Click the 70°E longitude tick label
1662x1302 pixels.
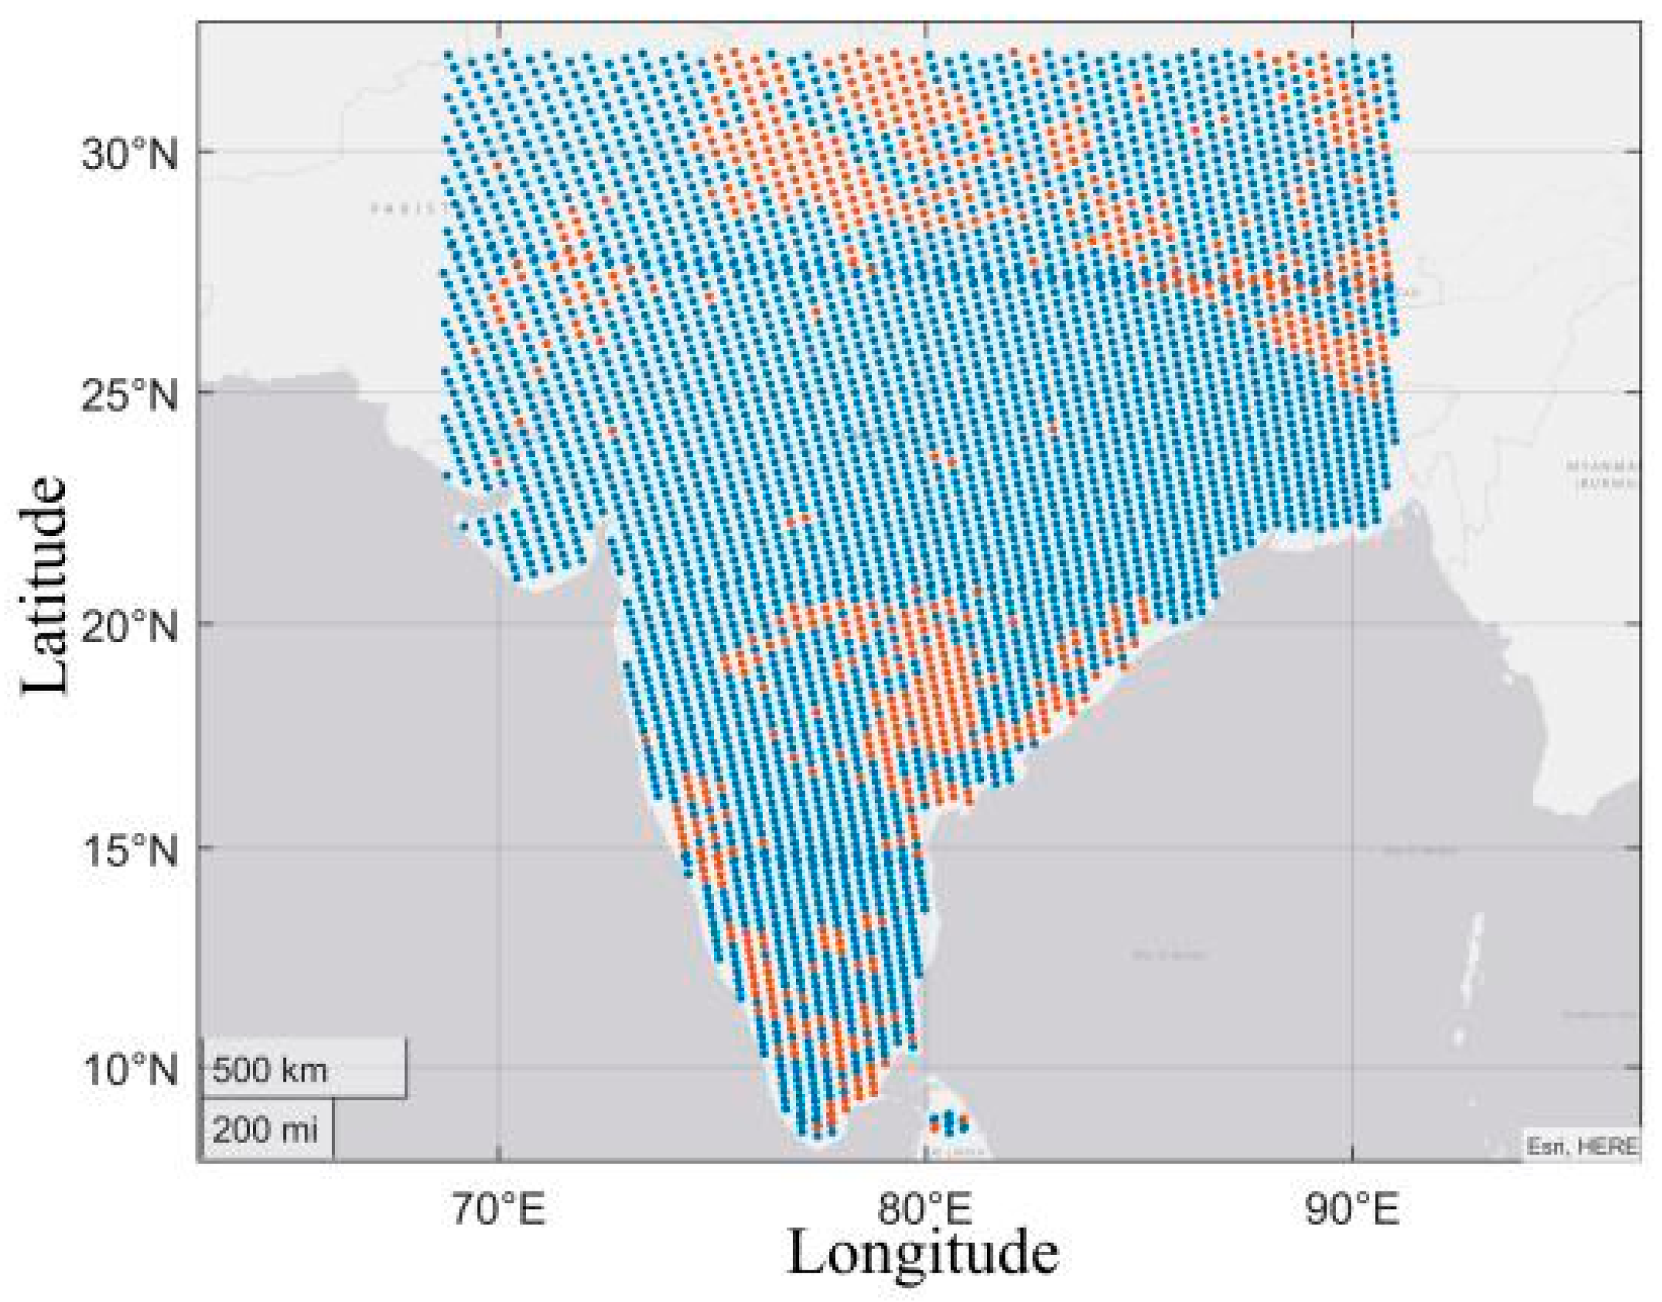499,1211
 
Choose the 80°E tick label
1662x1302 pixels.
925,1211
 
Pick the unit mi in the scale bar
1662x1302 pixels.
297,1129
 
